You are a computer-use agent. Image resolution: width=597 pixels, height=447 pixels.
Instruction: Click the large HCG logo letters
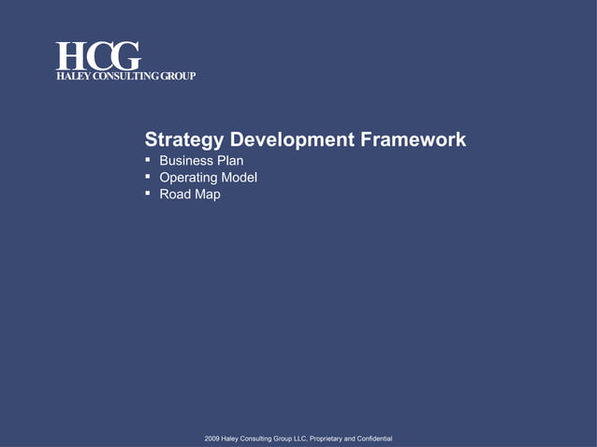(97, 55)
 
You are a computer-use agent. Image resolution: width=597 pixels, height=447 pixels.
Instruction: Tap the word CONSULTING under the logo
(124, 76)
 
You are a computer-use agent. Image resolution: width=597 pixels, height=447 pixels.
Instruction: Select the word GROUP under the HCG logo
(177, 76)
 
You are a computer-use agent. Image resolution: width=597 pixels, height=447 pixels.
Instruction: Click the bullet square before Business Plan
(148, 160)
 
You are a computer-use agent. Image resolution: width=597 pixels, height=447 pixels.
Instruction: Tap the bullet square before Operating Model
(148, 177)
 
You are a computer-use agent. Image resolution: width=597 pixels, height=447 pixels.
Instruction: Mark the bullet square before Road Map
(148, 194)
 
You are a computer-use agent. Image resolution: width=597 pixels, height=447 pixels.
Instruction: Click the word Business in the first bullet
(185, 161)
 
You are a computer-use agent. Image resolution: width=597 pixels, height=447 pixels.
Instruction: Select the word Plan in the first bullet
(230, 161)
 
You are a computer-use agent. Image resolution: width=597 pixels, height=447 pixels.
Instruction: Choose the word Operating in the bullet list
(188, 178)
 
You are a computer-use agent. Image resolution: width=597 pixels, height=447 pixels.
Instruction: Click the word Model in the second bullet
(239, 178)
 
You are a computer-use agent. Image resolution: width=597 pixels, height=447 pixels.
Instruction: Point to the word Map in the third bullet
(208, 195)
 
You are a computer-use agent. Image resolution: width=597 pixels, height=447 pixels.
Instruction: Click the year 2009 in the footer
(212, 439)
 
